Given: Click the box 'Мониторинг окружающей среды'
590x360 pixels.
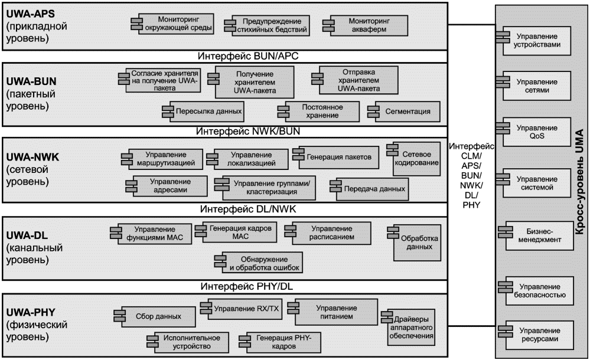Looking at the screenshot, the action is click(172, 24).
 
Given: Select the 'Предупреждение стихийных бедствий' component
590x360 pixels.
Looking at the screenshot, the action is click(267, 25).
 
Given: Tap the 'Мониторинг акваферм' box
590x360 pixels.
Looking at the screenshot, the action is click(365, 25).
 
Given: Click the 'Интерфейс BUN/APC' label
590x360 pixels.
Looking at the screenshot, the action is click(248, 56).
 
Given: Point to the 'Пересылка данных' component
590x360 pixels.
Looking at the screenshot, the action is click(203, 112).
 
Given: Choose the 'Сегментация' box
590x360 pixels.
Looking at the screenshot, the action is click(404, 112).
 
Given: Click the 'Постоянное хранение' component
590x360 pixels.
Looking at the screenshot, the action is click(318, 112).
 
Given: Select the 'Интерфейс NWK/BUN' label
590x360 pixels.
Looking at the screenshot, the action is click(248, 131).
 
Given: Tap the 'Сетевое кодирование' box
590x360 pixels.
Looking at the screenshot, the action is click(413, 159).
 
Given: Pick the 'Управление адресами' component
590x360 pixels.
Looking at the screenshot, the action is click(167, 186).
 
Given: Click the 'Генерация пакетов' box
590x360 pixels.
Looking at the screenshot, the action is click(335, 157).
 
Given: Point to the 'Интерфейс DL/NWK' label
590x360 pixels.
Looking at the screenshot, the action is click(248, 209).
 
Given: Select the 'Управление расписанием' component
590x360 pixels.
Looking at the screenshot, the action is click(328, 233).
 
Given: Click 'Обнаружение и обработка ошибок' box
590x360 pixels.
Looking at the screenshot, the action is click(259, 262).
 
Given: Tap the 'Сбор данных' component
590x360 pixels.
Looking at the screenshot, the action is click(155, 317).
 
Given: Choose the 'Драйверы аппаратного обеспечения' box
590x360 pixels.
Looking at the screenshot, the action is click(408, 328).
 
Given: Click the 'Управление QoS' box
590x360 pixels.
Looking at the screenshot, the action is click(533, 132).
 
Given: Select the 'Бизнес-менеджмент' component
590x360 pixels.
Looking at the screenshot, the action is click(536, 235).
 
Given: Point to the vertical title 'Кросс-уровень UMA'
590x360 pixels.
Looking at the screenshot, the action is click(579, 182).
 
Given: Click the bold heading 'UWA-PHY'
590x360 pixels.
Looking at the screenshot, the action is click(31, 313).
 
